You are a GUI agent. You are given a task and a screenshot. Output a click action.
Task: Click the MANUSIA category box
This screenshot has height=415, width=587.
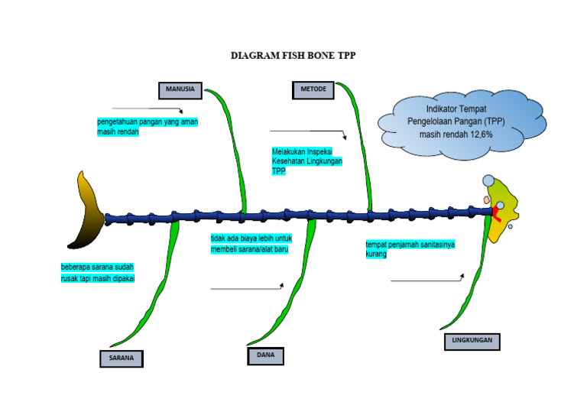tap(180, 89)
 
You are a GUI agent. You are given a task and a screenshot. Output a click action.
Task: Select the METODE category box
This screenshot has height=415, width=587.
tap(313, 89)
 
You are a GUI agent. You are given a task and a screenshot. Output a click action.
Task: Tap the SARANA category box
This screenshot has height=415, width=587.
tap(122, 358)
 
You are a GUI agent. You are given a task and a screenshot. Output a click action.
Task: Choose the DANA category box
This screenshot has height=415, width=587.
tap(265, 355)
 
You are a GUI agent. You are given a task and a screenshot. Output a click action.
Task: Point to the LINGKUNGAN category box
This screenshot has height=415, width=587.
tap(472, 342)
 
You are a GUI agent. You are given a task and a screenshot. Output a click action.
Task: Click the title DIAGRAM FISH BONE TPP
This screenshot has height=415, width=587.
tap(293, 56)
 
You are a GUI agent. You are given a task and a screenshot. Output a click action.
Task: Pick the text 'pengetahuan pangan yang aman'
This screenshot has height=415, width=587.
tap(148, 122)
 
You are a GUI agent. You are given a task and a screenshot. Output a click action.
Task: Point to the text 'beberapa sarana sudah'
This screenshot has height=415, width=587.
tap(97, 267)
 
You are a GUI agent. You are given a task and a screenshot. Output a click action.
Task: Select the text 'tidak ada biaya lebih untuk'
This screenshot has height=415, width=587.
tap(251, 238)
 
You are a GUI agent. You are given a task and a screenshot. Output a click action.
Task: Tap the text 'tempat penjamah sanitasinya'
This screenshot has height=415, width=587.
tap(410, 245)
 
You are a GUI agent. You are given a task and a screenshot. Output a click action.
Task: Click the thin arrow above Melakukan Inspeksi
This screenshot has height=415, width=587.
tap(308, 133)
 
